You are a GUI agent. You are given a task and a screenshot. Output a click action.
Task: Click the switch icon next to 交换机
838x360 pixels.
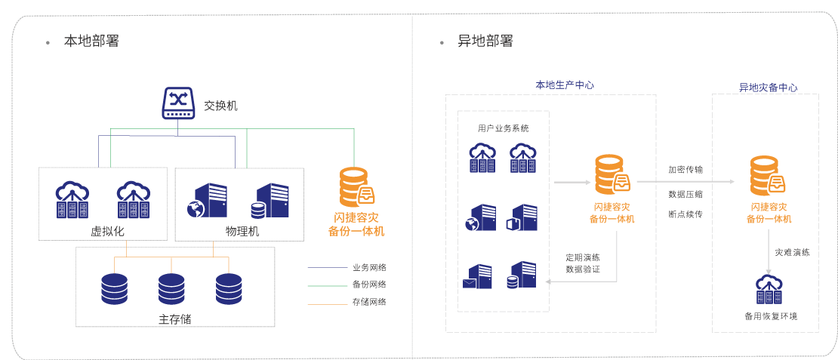tap(178, 103)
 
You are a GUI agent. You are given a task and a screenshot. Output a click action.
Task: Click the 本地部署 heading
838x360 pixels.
tap(91, 41)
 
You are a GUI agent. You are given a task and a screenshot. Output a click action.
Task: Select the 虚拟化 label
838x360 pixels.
tap(107, 231)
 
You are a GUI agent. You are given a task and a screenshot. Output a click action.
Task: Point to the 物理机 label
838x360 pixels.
tap(242, 231)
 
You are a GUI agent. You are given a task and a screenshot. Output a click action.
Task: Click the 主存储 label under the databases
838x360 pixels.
tap(174, 318)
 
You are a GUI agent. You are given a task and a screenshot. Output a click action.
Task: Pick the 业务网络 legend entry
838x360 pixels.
tap(369, 267)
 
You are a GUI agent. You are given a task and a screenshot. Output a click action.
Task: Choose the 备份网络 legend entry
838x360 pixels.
tap(369, 285)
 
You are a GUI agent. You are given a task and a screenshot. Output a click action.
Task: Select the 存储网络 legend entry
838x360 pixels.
tap(369, 302)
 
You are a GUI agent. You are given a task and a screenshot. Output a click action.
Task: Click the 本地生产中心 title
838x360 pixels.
tap(564, 85)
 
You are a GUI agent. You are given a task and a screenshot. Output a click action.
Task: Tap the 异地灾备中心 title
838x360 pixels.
tap(767, 88)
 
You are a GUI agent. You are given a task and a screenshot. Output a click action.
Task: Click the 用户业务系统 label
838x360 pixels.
tap(504, 128)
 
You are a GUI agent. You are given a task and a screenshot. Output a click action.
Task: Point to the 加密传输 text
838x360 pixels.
tap(685, 170)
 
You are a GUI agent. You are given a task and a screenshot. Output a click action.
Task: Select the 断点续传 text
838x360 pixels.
tap(685, 214)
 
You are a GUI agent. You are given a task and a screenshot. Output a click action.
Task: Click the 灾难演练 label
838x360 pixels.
tap(793, 253)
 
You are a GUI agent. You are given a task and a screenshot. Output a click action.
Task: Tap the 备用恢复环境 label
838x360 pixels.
tap(770, 315)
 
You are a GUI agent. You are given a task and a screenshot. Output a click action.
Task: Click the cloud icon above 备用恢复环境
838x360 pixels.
tap(769, 288)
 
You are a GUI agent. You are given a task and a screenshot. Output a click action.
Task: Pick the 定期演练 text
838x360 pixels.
tap(583, 257)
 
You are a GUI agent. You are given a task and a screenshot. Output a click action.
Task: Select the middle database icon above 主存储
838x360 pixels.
tap(171, 288)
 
